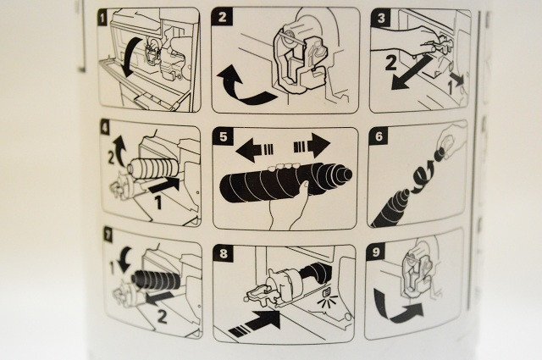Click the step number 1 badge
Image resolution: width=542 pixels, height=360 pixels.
(102, 18)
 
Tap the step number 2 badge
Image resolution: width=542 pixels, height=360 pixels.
(222, 18)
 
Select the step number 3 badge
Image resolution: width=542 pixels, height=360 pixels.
(381, 18)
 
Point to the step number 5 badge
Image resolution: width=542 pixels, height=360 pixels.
(224, 136)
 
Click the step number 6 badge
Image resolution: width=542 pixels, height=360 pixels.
(379, 136)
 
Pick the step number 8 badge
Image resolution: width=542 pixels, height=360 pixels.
(223, 253)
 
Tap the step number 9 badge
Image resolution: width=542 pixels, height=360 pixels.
(376, 252)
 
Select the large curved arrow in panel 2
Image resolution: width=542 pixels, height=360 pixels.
(242, 88)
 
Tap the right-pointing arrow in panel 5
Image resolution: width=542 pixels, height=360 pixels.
(312, 145)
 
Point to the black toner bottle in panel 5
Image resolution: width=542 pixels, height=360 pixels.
(285, 183)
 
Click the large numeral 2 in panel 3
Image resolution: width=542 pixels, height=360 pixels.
(390, 64)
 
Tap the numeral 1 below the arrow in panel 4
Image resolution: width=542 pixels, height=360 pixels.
(158, 202)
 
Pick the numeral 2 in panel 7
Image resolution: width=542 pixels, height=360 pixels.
(162, 316)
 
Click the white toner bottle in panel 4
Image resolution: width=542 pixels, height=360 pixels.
(152, 169)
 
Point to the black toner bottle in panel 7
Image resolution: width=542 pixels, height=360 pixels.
(156, 279)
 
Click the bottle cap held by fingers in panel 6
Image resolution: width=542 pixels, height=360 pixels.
(440, 153)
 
